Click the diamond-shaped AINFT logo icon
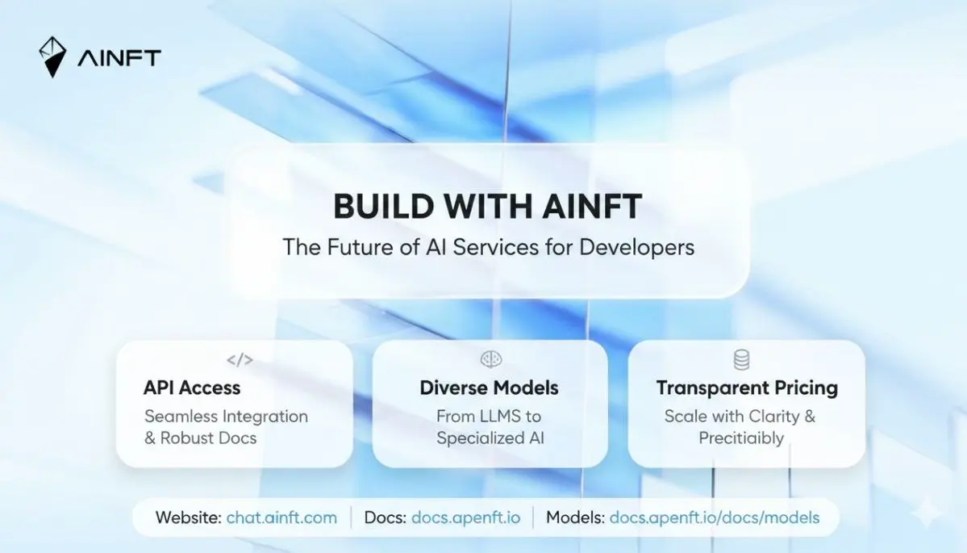(52, 57)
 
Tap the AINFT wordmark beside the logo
(119, 58)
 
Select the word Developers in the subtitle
(636, 248)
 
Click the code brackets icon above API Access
(240, 360)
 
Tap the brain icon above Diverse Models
(491, 359)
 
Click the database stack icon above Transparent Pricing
(741, 360)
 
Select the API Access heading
(192, 388)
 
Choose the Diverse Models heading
(489, 388)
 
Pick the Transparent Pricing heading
(747, 388)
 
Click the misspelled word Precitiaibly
(741, 438)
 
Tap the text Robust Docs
(208, 438)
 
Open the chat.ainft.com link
(281, 517)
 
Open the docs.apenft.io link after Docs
(465, 517)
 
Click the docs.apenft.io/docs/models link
(714, 517)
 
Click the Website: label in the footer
(188, 517)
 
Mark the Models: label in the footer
(575, 517)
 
